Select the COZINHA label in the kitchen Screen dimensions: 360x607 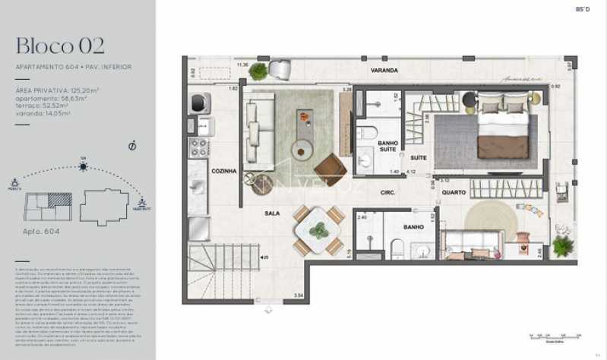pyautogui.click(x=224, y=171)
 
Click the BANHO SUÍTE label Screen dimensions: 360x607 pyautogui.click(x=388, y=146)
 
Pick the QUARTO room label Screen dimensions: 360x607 pyautogui.click(x=454, y=192)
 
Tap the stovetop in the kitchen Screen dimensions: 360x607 pyautogui.click(x=200, y=147)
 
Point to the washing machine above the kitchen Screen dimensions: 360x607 pyautogui.click(x=201, y=102)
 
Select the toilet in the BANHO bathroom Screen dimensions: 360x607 pyautogui.click(x=396, y=246)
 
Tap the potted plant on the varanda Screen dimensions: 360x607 pyautogui.click(x=259, y=71)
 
